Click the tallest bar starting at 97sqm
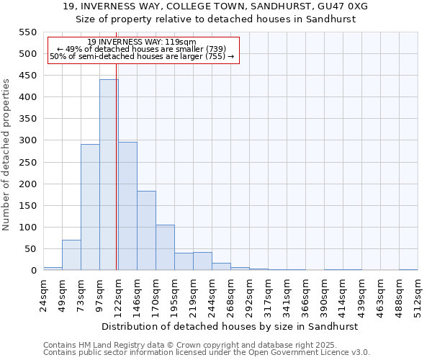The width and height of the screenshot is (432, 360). pyautogui.click(x=109, y=175)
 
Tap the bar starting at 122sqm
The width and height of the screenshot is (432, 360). pyautogui.click(x=127, y=206)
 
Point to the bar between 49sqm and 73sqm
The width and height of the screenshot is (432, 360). pyautogui.click(x=71, y=255)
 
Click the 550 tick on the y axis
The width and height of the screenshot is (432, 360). pyautogui.click(x=27, y=32)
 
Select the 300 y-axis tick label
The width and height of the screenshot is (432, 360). pyautogui.click(x=27, y=140)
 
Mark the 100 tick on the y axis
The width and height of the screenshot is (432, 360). pyautogui.click(x=27, y=228)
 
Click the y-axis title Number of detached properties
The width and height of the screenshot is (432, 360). pyautogui.click(x=7, y=155)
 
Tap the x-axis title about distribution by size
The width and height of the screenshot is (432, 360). pyautogui.click(x=230, y=326)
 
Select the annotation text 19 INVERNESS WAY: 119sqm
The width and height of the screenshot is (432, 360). pyautogui.click(x=141, y=42)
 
